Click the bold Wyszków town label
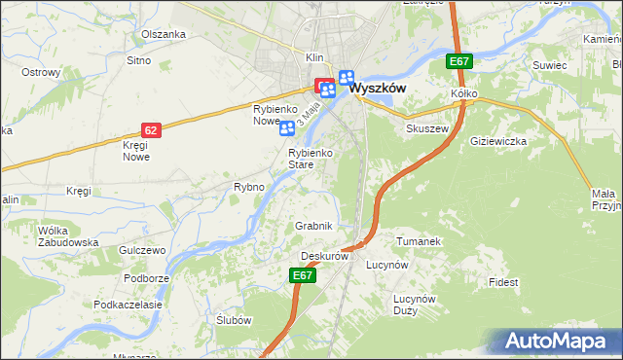pos(377,87)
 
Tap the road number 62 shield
pos(149,129)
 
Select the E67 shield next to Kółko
pos(460,62)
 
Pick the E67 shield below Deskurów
pos(303,276)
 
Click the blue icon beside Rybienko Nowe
pos(287,128)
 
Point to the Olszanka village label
pos(163,34)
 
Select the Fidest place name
pos(504,282)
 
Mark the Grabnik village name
pos(314,226)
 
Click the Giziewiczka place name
pos(497,141)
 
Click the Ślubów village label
pos(234,321)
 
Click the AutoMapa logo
pos(556,341)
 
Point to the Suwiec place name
pos(549,65)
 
